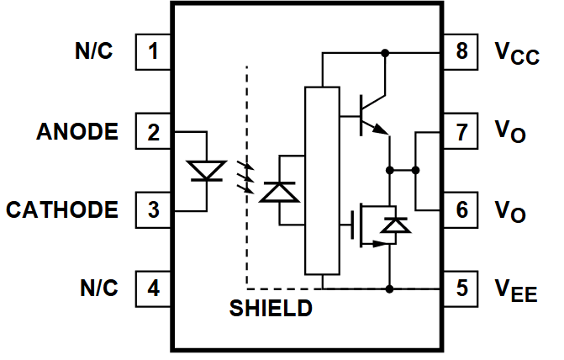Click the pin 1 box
pyautogui.click(x=153, y=52)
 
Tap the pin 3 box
pyautogui.click(x=153, y=209)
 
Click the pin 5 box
pyautogui.click(x=461, y=289)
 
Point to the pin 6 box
pyautogui.click(x=461, y=209)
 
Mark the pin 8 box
pyautogui.click(x=461, y=52)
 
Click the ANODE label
pyautogui.click(x=77, y=132)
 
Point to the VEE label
pyautogui.click(x=515, y=291)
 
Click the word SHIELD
pyautogui.click(x=271, y=309)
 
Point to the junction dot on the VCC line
pyautogui.click(x=386, y=53)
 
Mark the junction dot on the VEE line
pyautogui.click(x=389, y=289)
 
